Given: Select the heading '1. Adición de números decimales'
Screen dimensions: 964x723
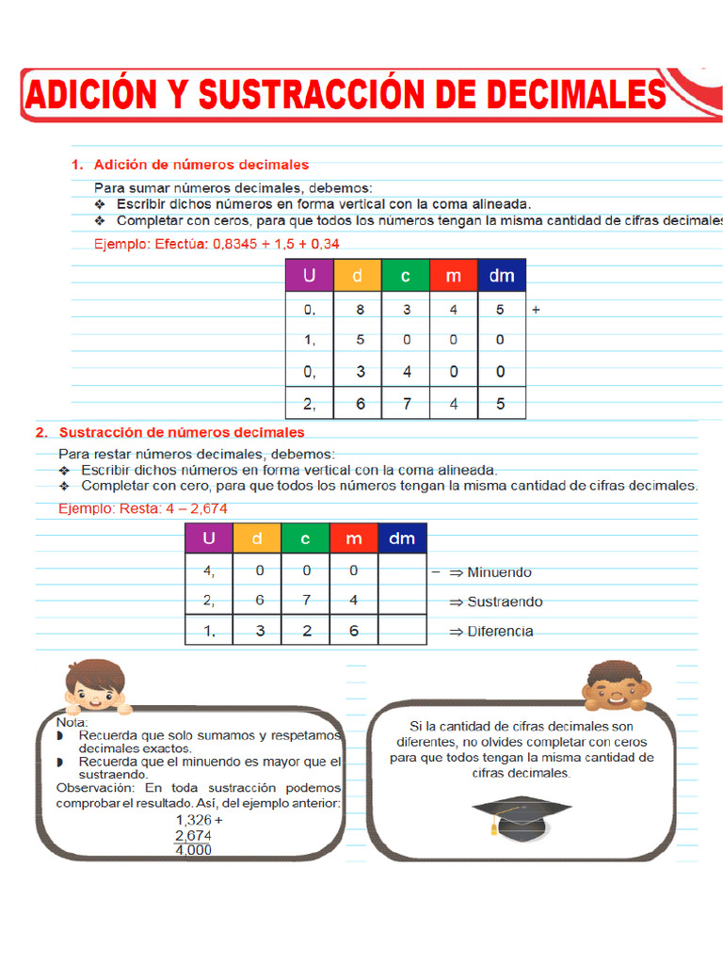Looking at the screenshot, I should (190, 165).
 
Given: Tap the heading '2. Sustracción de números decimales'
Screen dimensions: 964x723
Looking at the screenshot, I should (170, 432).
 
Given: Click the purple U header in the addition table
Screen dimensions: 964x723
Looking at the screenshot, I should (310, 276).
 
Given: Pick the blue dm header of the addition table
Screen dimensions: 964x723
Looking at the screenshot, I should (502, 276).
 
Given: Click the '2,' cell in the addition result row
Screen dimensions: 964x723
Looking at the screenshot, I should (310, 404).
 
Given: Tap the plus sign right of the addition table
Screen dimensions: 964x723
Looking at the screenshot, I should (536, 308).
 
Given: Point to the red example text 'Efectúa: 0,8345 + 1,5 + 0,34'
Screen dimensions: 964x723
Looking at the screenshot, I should (217, 243).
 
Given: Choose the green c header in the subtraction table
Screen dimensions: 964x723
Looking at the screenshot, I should (306, 538).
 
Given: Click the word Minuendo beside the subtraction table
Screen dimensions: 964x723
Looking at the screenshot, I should (499, 571).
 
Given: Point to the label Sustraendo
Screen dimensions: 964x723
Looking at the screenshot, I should (505, 602).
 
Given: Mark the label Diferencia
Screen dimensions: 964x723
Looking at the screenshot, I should (500, 632).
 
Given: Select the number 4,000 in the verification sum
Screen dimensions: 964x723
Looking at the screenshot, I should (194, 849).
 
